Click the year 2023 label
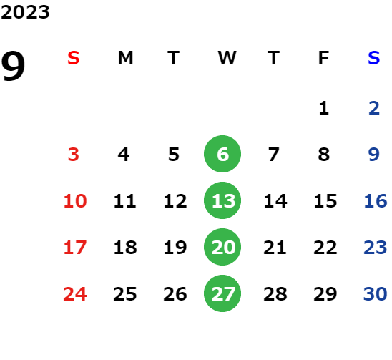click(x=25, y=12)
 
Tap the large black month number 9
click(x=13, y=66)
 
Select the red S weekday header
click(x=74, y=58)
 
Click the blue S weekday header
click(x=374, y=58)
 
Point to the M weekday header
click(x=125, y=58)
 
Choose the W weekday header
click(x=227, y=58)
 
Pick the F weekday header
click(x=324, y=58)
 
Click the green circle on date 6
click(x=222, y=154)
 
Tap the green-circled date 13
click(x=222, y=200)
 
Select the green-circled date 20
click(x=222, y=247)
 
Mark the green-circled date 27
click(x=222, y=293)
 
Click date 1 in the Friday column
click(x=324, y=108)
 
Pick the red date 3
click(x=74, y=154)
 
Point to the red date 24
click(x=75, y=293)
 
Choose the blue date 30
click(x=376, y=293)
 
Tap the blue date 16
click(x=376, y=200)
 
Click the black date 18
click(x=125, y=247)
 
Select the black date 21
click(x=275, y=247)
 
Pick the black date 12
click(x=175, y=200)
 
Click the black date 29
click(x=325, y=293)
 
